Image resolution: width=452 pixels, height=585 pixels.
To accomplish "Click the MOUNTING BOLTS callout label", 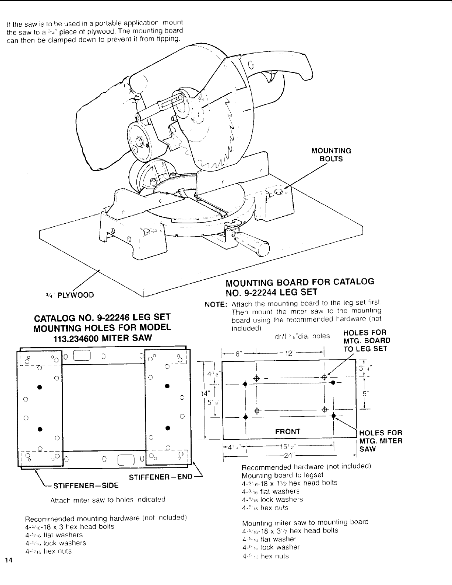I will coord(331,155).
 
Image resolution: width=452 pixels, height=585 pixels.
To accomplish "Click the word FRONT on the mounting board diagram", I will coord(288,432).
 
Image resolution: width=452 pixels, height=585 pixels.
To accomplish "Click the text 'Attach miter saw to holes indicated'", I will coord(108,499).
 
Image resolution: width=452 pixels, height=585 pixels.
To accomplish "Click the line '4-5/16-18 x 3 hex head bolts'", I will coord(70,526).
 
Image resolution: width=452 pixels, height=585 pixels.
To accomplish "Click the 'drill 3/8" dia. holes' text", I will coord(302,336).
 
